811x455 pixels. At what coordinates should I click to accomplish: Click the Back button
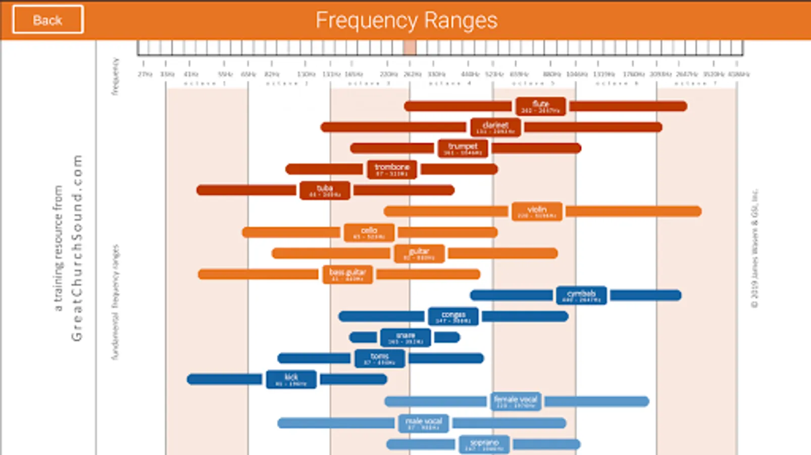click(48, 20)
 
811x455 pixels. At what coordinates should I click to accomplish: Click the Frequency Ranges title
click(406, 20)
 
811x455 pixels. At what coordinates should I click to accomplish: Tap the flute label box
click(540, 106)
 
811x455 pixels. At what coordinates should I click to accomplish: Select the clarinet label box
click(495, 127)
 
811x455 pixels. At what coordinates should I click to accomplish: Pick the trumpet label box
click(463, 149)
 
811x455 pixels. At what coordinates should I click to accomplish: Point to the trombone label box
click(392, 169)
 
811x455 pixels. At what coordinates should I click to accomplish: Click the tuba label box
click(325, 191)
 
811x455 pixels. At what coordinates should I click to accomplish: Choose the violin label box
click(537, 211)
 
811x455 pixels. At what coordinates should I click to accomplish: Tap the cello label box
click(369, 233)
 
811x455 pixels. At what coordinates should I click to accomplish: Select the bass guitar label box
click(347, 275)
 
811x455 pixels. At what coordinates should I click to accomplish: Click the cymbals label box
click(581, 295)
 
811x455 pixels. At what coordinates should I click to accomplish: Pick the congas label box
click(453, 316)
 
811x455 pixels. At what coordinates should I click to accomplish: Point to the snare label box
click(405, 337)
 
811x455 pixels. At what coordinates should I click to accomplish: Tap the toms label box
click(379, 358)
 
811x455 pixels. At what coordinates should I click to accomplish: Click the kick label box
click(291, 379)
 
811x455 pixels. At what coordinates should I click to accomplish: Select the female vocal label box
click(516, 401)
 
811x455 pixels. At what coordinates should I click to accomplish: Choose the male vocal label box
click(423, 423)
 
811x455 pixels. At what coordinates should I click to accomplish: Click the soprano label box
click(484, 444)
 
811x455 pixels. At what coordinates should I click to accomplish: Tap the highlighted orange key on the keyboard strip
click(410, 48)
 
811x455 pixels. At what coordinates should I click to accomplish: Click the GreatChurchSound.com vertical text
click(76, 248)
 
